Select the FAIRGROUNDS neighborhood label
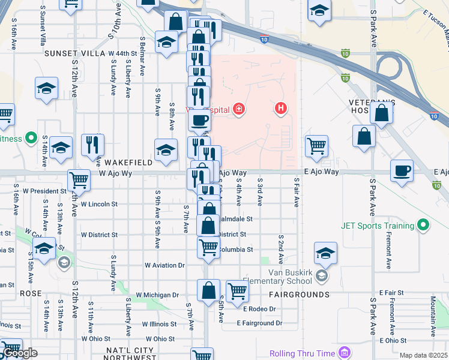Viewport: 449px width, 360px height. point(299,295)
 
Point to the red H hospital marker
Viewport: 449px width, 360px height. point(280,109)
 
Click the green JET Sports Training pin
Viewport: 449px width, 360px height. point(424,226)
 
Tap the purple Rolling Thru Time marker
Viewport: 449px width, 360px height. point(344,352)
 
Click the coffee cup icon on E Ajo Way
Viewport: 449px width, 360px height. point(402,170)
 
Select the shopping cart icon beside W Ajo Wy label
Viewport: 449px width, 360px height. point(79,179)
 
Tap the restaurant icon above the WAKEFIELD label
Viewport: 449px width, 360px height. point(92,144)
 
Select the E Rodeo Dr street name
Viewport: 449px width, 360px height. point(259,308)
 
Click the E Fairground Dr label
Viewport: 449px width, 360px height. point(259,323)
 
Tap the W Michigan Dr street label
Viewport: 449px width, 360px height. point(157,295)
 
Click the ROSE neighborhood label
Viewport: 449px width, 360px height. point(31,293)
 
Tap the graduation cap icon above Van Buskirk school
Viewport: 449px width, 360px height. point(325,253)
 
